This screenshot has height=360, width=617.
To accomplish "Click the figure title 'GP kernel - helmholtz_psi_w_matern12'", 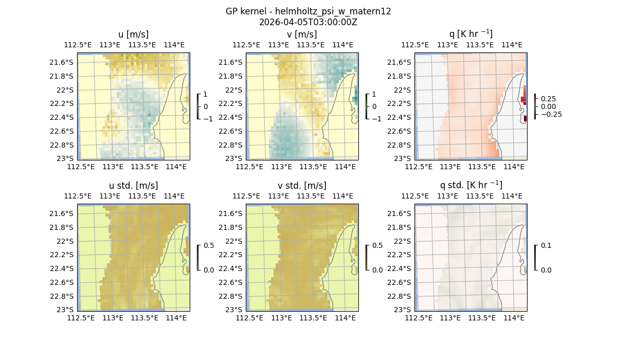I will point(308,11).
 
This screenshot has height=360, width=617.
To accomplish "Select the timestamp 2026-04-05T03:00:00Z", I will point(308,22).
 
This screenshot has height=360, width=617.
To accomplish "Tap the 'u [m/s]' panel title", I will point(133,34).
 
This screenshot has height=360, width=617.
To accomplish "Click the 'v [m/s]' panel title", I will point(302,34).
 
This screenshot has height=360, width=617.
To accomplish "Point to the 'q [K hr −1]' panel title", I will point(470,34).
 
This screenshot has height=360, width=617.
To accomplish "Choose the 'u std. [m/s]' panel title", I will point(133,186).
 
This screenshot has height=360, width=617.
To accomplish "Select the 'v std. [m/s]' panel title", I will point(302,186).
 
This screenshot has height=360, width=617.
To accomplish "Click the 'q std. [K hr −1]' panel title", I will point(470,185).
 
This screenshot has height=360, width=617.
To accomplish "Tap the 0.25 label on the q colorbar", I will point(548,99).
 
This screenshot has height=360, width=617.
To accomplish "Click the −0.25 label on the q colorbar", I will point(551,114).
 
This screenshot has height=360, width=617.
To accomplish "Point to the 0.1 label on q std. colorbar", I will point(546,245).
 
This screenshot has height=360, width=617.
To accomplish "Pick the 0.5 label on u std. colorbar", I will point(208,245).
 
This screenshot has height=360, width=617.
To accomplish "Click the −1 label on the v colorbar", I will point(377,118).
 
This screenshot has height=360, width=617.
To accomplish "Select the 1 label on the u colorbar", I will point(206,94).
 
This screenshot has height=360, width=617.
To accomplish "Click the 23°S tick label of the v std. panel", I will point(233,310).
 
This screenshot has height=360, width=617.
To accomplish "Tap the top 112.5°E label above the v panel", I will point(246,45).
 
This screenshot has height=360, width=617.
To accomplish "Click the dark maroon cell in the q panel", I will point(525,118).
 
